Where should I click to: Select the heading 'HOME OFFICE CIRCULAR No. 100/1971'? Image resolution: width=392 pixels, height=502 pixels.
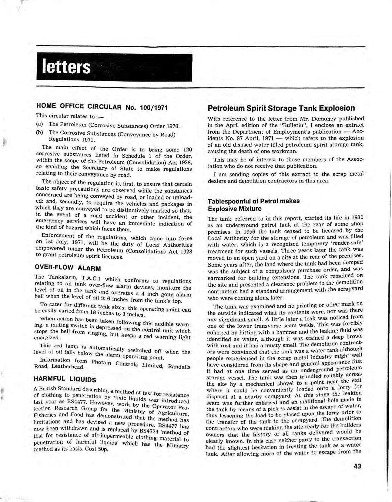(102, 107)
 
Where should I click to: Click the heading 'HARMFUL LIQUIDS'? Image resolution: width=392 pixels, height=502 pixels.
(65, 379)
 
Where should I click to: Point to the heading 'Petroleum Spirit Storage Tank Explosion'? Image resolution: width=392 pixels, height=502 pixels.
(281, 108)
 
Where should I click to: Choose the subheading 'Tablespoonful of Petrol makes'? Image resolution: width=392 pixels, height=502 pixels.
(253, 201)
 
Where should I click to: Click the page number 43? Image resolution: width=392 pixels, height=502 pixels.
(357, 466)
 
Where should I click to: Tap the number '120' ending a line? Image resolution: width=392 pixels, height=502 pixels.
(186, 150)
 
